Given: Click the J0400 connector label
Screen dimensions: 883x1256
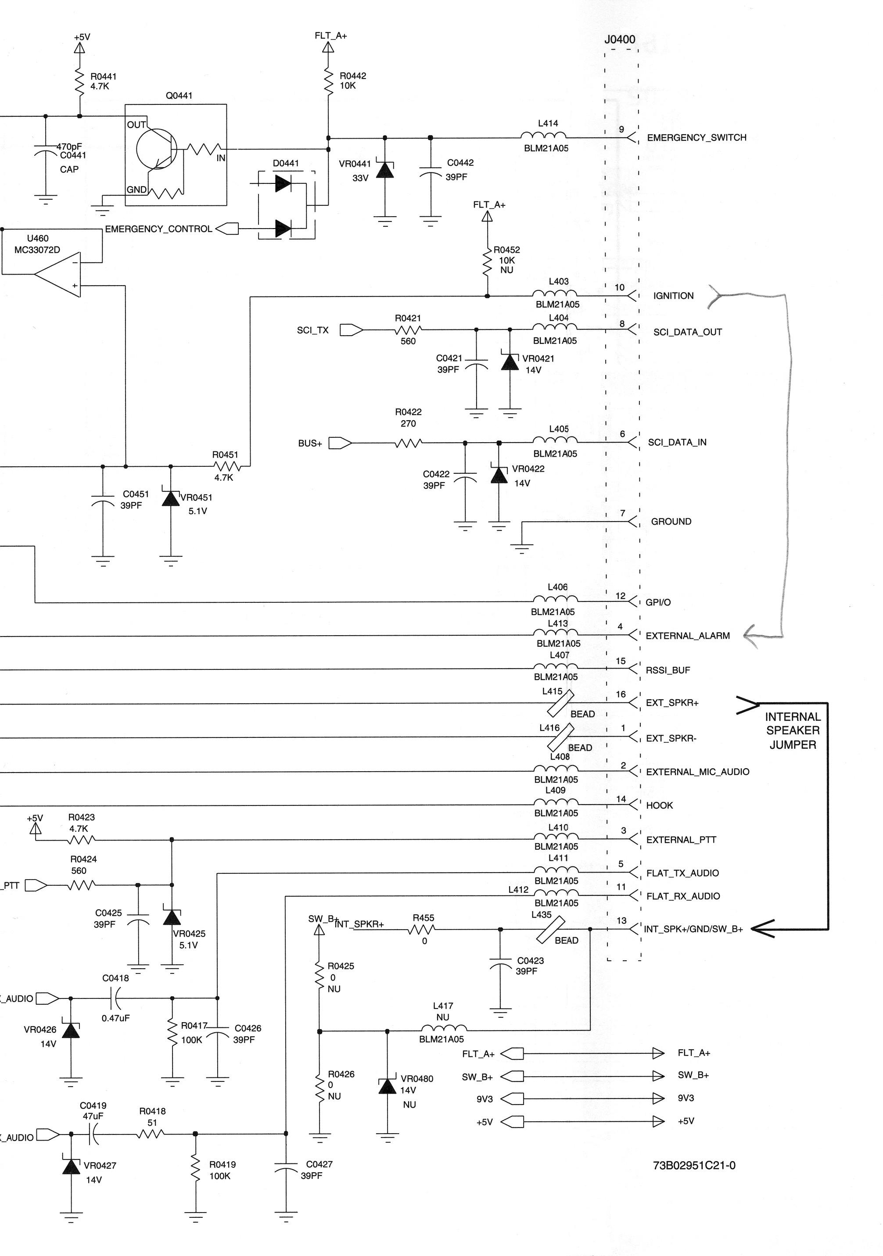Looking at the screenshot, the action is click(619, 39).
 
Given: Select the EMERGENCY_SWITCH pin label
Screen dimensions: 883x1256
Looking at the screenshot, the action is click(696, 137).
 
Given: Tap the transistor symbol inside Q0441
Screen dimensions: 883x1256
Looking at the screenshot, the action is click(157, 149).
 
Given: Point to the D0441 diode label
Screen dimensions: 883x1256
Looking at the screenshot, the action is click(286, 163).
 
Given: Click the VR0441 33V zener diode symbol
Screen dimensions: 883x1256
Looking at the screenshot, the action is click(385, 170).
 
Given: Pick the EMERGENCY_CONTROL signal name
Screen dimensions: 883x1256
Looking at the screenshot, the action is click(159, 229).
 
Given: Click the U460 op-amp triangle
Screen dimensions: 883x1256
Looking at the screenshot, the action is click(57, 275).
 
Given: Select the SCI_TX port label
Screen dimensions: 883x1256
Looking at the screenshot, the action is click(313, 330).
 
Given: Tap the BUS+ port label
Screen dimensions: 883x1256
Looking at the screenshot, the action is click(310, 443).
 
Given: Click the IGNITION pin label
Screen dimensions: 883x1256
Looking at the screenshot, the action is click(674, 296).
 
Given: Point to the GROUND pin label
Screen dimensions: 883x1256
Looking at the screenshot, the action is click(671, 521).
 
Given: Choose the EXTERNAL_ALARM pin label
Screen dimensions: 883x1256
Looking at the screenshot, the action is click(688, 636).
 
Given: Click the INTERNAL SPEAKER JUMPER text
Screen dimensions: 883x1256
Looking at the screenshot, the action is click(793, 730).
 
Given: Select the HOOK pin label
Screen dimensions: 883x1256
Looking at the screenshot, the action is click(659, 805).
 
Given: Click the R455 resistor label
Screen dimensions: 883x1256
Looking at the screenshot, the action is click(424, 917).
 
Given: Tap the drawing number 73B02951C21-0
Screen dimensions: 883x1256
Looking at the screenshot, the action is click(694, 1165).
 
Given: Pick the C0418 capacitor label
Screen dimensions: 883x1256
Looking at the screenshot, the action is click(115, 977).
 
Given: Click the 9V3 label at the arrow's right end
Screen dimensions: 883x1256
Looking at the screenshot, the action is click(686, 1098).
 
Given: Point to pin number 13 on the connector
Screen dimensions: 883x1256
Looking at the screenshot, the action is click(621, 921).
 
